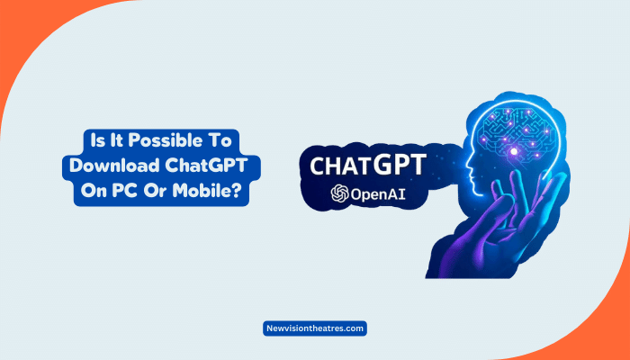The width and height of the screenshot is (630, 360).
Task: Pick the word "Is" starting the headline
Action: [x=93, y=141]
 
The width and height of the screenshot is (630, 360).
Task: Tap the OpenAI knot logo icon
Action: [x=340, y=193]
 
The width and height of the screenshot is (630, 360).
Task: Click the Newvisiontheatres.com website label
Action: [x=315, y=329]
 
